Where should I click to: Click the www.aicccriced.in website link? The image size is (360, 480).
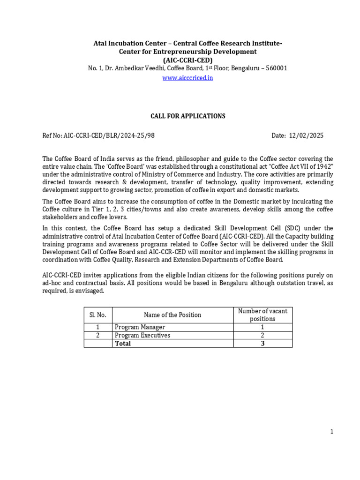click(x=187, y=78)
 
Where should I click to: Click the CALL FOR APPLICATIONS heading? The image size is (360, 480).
click(x=187, y=116)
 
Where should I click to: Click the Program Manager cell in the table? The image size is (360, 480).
click(x=140, y=327)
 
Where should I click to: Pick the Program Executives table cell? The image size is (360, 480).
click(x=142, y=335)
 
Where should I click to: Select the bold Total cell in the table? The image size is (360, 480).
click(x=123, y=343)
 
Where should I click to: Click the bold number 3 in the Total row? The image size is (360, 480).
click(x=262, y=343)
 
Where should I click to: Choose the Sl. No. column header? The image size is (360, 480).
click(x=98, y=315)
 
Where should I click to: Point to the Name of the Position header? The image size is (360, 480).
click(x=172, y=315)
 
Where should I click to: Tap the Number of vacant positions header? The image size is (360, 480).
click(x=262, y=315)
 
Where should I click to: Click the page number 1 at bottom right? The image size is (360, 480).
click(x=332, y=432)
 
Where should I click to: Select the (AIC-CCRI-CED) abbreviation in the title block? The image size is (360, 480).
click(x=187, y=60)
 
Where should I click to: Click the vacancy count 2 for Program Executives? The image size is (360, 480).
click(x=262, y=335)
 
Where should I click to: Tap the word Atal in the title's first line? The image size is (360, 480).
click(x=100, y=44)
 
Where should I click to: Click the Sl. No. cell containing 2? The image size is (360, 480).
click(x=98, y=335)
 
